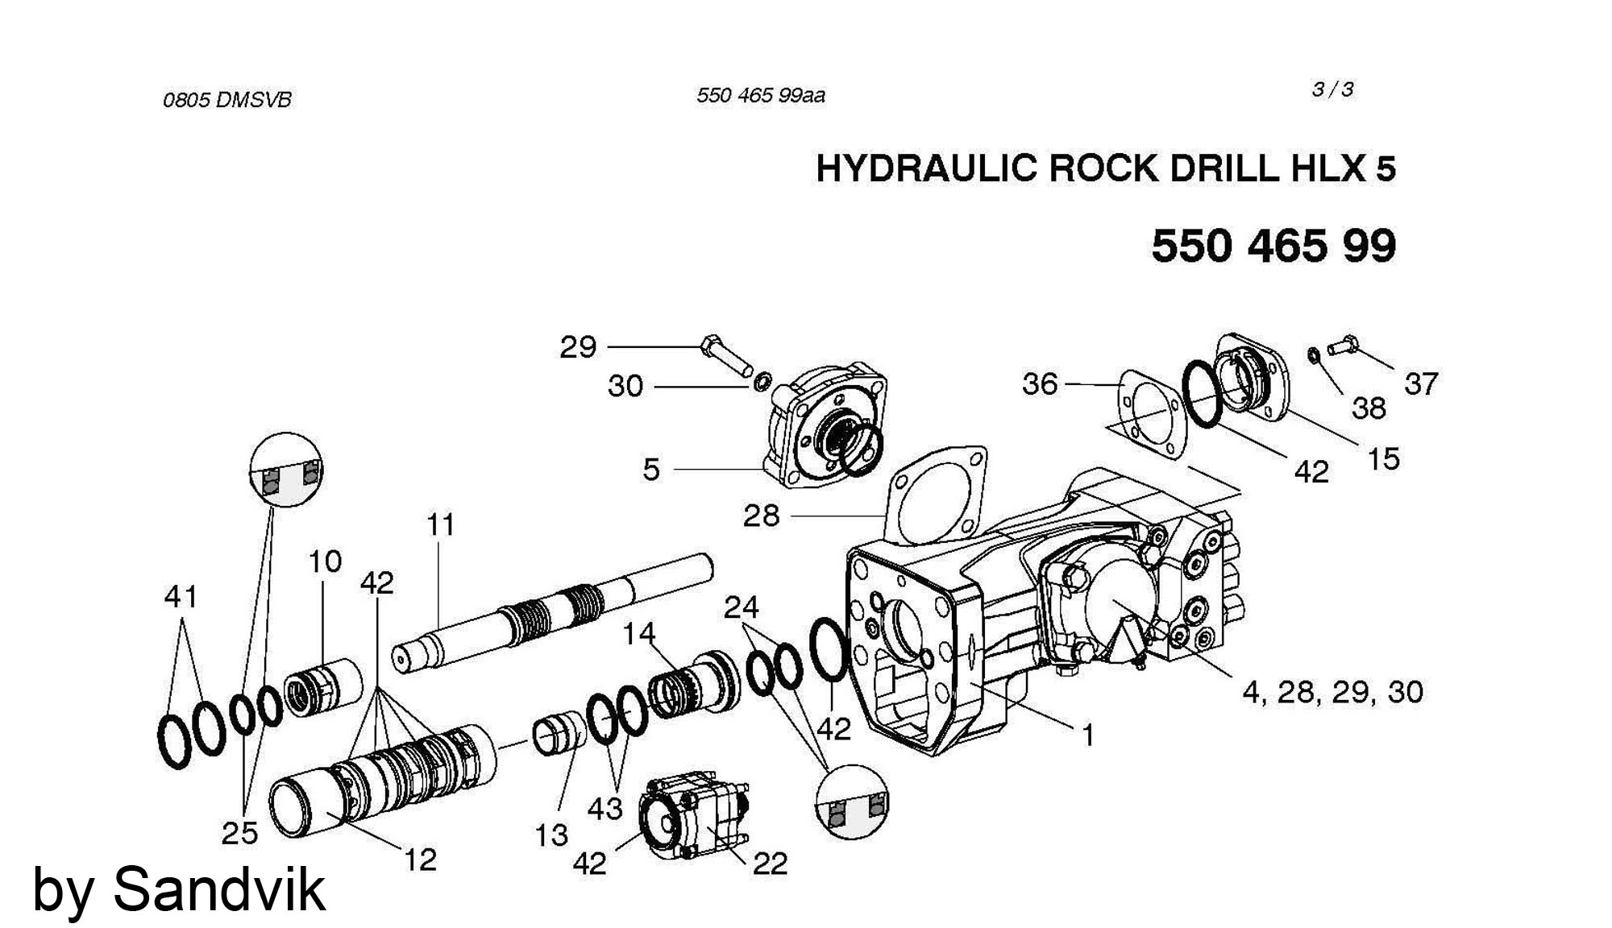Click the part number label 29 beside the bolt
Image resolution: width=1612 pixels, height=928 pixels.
click(578, 348)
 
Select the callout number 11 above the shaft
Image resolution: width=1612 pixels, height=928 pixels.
click(441, 525)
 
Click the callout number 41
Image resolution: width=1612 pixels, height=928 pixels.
click(181, 597)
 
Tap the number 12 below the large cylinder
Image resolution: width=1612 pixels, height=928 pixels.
click(419, 860)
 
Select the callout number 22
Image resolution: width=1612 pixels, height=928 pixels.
click(770, 864)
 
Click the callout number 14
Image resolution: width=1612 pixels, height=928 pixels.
click(639, 634)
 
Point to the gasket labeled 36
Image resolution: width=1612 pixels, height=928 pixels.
click(1153, 419)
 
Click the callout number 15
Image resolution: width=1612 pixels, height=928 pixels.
click(1383, 459)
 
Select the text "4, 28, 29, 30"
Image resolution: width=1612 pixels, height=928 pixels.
click(1332, 692)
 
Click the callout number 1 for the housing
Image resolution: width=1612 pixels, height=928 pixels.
click(1087, 735)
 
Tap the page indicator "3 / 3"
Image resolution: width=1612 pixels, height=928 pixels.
click(1332, 90)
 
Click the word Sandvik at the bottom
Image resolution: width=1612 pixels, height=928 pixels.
click(219, 889)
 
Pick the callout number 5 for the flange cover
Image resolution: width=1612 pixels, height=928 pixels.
click(651, 470)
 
